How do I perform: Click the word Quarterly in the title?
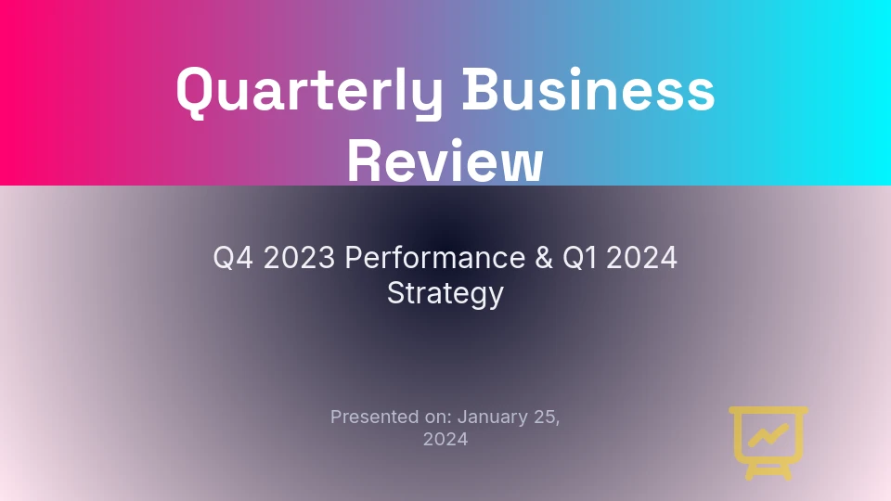coord(310,92)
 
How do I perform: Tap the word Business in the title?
coord(588,90)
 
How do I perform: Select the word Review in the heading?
coord(445,161)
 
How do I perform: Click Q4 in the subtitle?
coord(233,258)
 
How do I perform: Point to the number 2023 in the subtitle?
coord(300,258)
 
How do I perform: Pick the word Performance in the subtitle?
coord(434,258)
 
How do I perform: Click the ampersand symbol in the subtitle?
coord(544,258)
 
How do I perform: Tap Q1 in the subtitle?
coord(579,258)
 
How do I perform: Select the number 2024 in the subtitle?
coord(641,258)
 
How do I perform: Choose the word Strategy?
coord(445,294)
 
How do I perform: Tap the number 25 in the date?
coord(547,417)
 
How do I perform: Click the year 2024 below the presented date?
coord(445,439)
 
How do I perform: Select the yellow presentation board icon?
coord(768,443)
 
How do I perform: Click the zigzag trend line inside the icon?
coord(768,435)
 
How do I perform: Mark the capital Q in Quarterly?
coord(194,92)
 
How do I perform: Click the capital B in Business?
coord(480,89)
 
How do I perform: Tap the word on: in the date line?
coord(439,417)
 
